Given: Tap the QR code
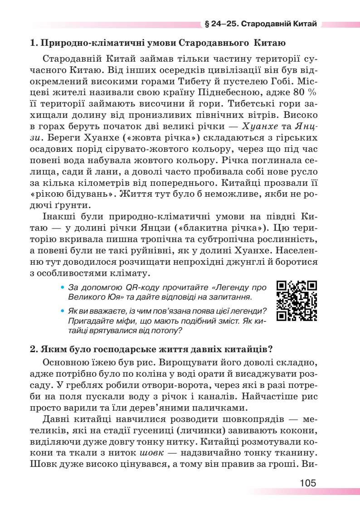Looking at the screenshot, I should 297,301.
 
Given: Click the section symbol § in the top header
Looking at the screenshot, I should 206,24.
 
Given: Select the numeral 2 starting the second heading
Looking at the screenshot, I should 33,349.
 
